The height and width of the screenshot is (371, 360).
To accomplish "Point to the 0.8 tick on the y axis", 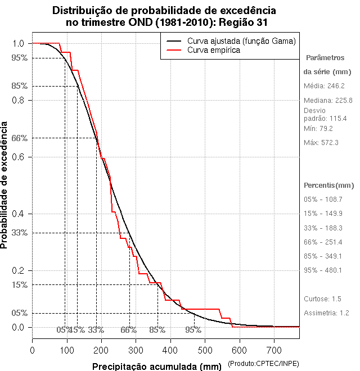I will (x=18, y=100).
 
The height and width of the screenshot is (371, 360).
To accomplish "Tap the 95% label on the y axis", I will (x=19, y=57).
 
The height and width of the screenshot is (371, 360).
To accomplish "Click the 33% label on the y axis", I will (x=19, y=232).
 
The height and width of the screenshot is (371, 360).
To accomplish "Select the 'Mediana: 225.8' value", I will (x=328, y=100).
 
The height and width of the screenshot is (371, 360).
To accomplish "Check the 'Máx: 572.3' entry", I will (x=321, y=143).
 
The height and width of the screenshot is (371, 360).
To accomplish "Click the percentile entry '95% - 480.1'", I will (x=323, y=270).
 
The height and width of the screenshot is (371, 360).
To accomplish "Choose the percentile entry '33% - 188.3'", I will (x=323, y=228).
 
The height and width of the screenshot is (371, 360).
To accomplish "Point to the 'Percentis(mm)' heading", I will (x=328, y=185).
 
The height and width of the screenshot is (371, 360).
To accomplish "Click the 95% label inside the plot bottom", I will (x=193, y=330).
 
